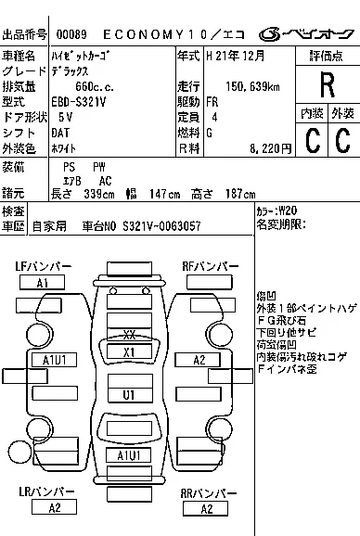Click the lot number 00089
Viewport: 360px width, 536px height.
(72, 33)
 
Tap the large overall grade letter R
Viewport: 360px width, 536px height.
(326, 85)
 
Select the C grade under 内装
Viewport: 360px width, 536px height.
(311, 140)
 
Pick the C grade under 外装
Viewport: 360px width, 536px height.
(341, 140)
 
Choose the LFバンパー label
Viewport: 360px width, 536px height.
(43, 267)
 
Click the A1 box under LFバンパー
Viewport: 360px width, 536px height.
(43, 282)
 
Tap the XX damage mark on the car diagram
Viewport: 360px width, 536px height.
(129, 336)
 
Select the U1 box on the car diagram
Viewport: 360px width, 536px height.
(129, 394)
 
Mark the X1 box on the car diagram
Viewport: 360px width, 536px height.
(129, 351)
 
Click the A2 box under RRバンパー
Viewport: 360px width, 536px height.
(212, 506)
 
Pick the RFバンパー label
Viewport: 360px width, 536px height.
(212, 267)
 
